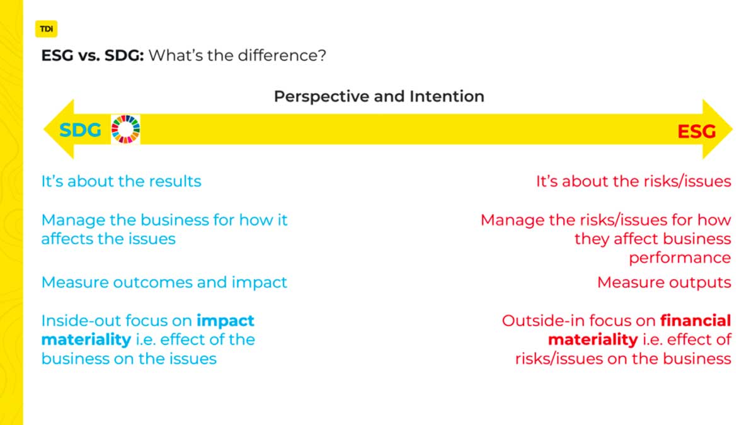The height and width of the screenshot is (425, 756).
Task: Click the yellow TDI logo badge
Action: pos(46,29)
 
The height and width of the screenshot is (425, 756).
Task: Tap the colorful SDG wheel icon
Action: pos(125,129)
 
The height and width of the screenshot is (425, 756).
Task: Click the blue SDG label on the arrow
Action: pos(80,130)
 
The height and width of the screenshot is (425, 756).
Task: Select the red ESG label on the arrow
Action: pos(697,132)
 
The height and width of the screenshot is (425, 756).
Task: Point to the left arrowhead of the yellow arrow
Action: pos(59,129)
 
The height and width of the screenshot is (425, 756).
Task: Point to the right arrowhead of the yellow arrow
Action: pos(718,129)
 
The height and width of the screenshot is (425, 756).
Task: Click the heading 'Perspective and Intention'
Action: pos(379,96)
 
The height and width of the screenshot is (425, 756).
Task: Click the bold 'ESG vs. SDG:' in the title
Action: pos(93,55)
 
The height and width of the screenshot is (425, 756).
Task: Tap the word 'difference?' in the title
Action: pos(282,55)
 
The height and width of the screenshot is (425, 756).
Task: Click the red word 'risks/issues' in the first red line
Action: pos(687,181)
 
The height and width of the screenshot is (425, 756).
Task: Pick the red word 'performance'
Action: pos(680,258)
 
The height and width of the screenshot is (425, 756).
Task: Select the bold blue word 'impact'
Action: pos(226,320)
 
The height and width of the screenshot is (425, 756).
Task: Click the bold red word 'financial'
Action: pos(696,320)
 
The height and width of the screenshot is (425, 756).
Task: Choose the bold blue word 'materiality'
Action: pos(86,340)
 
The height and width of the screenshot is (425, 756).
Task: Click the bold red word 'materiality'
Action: pos(593,340)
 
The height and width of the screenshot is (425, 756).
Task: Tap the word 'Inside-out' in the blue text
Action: pos(81,320)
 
